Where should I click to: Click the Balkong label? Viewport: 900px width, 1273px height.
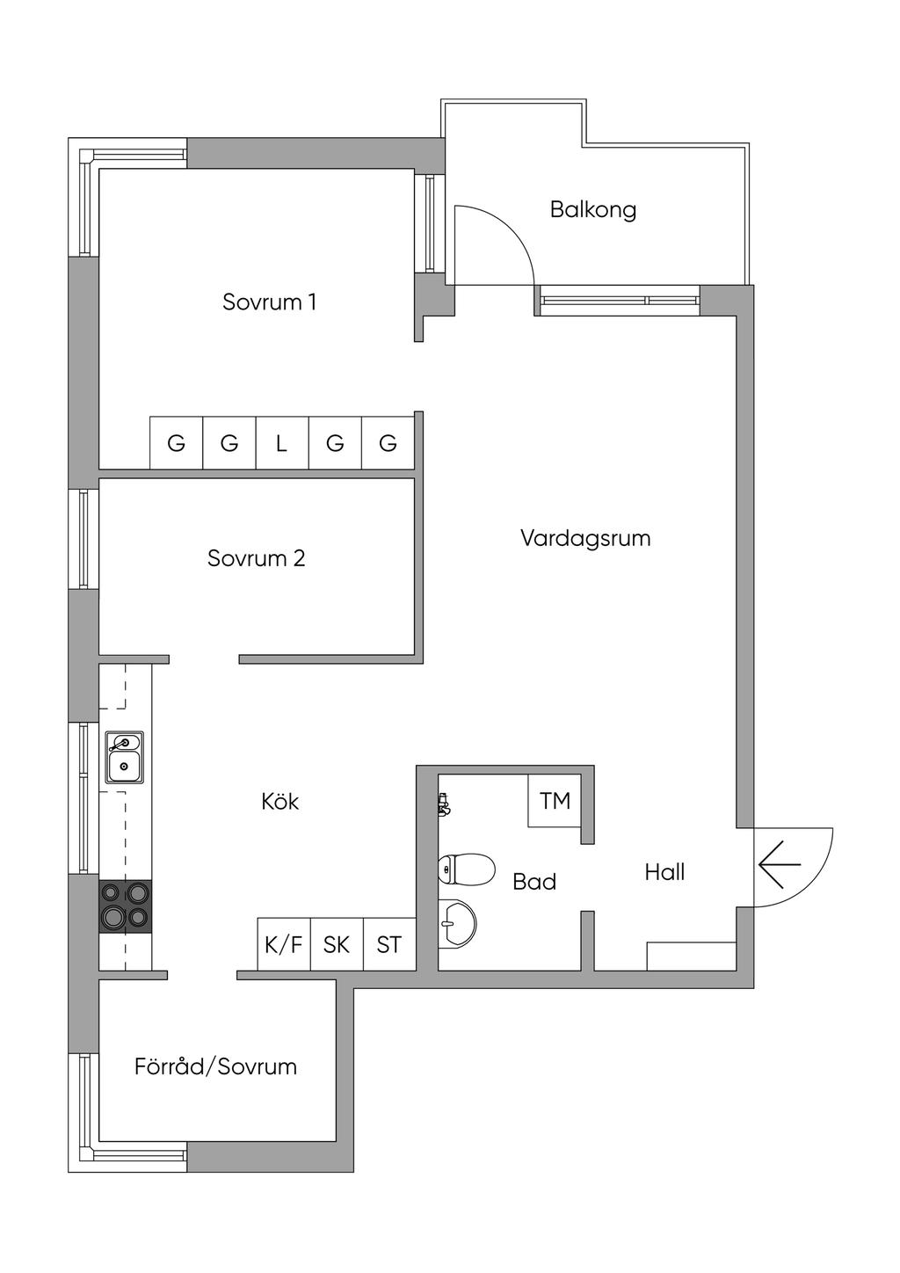(x=593, y=210)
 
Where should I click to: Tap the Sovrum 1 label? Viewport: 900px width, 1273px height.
(x=269, y=302)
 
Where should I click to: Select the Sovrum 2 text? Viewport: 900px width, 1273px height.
(x=256, y=558)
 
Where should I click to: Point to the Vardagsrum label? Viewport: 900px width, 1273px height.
(x=585, y=538)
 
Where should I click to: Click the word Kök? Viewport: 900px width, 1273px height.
(x=280, y=802)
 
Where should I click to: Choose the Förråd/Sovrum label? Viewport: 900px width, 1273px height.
(x=215, y=1066)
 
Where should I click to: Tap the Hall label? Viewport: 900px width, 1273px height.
(x=664, y=872)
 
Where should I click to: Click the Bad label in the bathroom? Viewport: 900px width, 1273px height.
(x=534, y=882)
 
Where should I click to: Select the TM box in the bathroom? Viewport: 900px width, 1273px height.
(x=555, y=801)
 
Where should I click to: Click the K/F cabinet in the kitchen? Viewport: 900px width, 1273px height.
(x=284, y=945)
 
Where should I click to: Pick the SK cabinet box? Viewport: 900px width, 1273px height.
(x=337, y=945)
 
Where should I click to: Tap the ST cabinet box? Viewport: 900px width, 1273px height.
(x=389, y=945)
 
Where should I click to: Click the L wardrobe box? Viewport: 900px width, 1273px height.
(x=281, y=443)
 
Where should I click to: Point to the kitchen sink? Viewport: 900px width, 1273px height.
(x=125, y=757)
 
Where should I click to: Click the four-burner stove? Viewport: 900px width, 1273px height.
(x=124, y=906)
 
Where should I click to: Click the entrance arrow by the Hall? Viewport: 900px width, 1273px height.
(x=780, y=865)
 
